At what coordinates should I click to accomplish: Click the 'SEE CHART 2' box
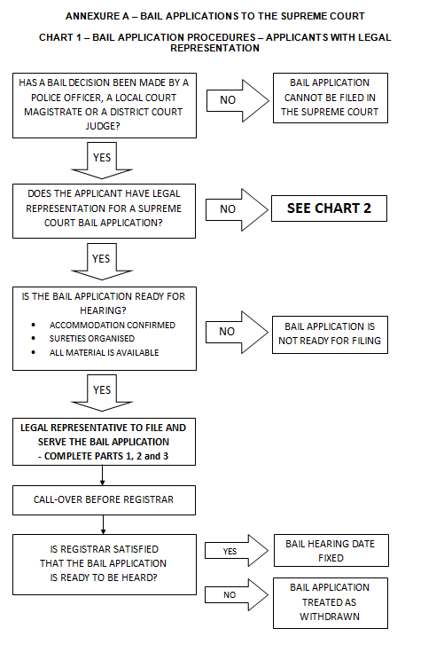(329, 208)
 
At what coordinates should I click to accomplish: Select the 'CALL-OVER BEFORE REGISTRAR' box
(104, 499)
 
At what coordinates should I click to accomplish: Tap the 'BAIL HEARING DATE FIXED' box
(331, 551)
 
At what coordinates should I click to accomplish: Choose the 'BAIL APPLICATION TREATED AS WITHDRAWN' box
(331, 602)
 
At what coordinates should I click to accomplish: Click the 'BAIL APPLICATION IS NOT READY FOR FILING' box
(330, 334)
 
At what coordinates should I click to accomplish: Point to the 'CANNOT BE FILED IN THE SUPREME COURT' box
(331, 98)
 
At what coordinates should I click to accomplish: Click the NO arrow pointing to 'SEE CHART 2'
(238, 209)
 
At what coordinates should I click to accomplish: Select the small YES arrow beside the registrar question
(237, 551)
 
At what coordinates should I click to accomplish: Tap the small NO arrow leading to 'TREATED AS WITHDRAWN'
(237, 594)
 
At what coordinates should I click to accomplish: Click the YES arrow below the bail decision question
(102, 161)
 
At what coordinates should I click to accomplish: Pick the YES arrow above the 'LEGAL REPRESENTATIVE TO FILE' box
(102, 392)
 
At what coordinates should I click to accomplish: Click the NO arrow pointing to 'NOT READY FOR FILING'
(238, 333)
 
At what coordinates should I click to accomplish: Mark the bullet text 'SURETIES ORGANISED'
(92, 339)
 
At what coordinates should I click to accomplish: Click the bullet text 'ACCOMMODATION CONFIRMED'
(113, 326)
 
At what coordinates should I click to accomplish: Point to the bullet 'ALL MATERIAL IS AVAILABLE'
(104, 353)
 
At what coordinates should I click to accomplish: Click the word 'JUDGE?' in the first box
(103, 126)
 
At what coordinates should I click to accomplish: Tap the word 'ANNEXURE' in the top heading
(92, 16)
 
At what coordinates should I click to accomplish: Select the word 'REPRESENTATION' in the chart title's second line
(214, 48)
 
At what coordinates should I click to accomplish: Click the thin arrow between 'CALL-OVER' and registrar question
(103, 525)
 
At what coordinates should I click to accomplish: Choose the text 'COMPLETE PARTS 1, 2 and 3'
(106, 456)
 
